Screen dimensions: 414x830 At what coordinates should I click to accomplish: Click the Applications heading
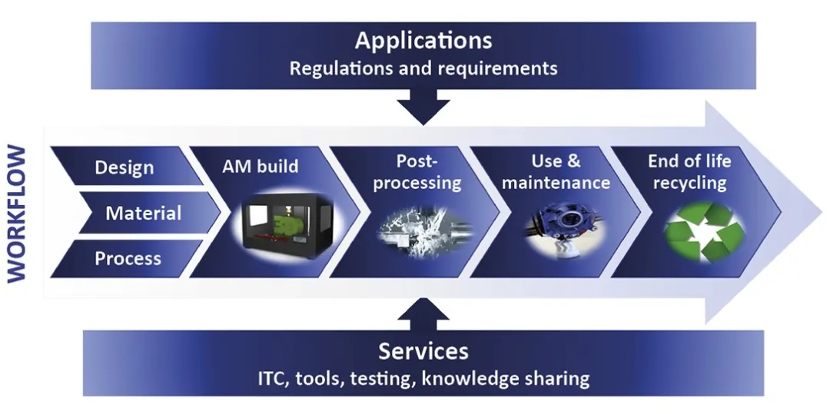(x=423, y=39)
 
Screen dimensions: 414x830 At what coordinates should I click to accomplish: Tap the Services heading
(x=423, y=351)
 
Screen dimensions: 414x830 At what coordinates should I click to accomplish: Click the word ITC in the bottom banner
(x=272, y=378)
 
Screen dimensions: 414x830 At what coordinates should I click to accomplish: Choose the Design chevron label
(x=124, y=167)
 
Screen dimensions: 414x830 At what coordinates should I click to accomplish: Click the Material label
(x=143, y=213)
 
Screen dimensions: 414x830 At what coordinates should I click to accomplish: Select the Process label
(x=128, y=258)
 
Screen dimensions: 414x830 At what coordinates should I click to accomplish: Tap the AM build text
(x=261, y=166)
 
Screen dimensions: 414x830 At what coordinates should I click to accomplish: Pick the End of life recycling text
(x=689, y=172)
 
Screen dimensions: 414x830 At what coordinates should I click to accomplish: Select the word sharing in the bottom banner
(x=553, y=378)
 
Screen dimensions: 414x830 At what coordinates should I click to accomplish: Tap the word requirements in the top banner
(x=498, y=68)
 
